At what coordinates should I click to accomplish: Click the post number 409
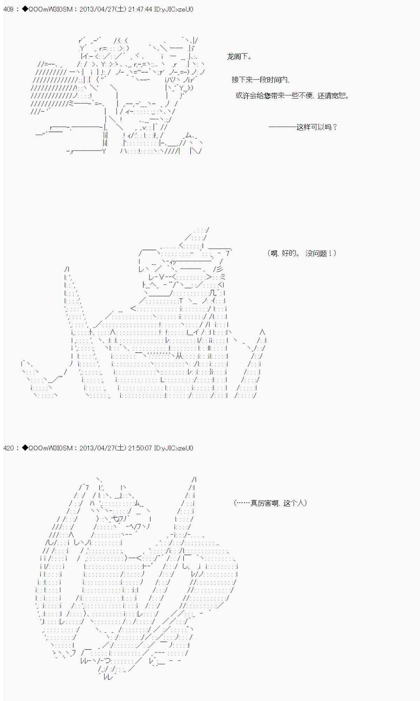[x=8, y=9]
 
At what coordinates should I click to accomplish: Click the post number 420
[x=8, y=448]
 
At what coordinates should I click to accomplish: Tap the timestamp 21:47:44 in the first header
[x=140, y=9]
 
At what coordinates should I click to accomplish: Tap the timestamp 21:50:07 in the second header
[x=140, y=448]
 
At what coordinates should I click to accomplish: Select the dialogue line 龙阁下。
[x=239, y=56]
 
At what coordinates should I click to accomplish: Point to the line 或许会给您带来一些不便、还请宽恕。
[x=293, y=96]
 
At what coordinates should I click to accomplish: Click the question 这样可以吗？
[x=317, y=127]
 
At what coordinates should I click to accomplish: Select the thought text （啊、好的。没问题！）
[x=302, y=253]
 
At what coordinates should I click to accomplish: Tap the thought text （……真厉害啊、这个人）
[x=270, y=503]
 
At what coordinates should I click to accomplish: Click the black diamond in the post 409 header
[x=25, y=9]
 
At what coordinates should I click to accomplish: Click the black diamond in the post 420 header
[x=25, y=448]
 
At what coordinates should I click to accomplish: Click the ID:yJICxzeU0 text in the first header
[x=174, y=9]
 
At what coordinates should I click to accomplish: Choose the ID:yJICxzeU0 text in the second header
[x=174, y=448]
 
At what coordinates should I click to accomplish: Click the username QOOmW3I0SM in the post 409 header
[x=50, y=9]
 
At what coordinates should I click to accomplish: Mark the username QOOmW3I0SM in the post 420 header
[x=50, y=448]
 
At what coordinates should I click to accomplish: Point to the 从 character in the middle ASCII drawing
[x=179, y=356]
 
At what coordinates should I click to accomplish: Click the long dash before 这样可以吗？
[x=282, y=127]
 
